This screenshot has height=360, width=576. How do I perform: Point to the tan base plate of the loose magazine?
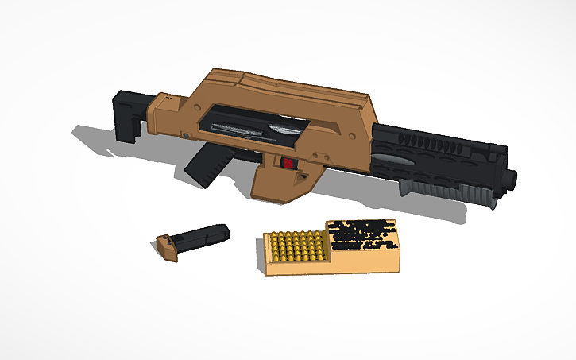pos(168,247)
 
